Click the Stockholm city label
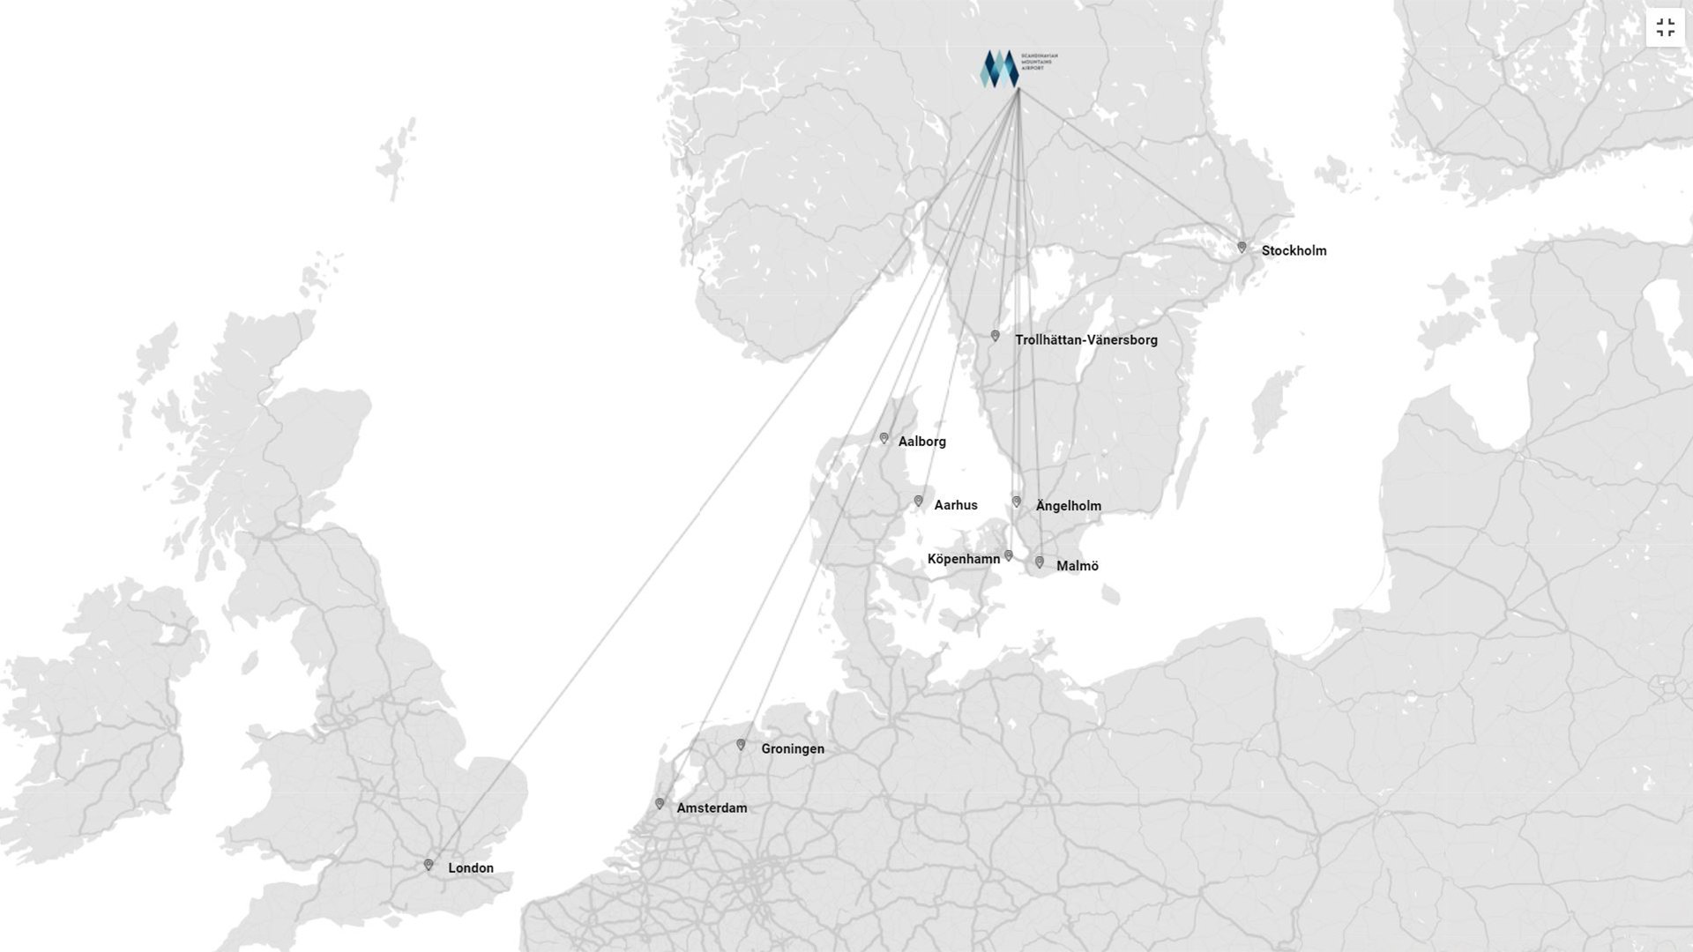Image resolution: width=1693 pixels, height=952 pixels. click(1294, 251)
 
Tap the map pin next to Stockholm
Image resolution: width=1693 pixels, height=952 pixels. click(1242, 248)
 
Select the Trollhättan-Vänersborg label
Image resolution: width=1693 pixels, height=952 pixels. click(1085, 340)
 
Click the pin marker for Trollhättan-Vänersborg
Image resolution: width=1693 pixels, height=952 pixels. click(995, 336)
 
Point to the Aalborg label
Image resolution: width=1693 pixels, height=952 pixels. click(921, 442)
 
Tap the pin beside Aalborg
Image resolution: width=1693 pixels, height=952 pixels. click(884, 438)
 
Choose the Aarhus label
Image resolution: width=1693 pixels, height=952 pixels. click(955, 505)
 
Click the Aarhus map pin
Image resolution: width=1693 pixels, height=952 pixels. click(918, 502)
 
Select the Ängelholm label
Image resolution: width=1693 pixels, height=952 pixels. click(1068, 506)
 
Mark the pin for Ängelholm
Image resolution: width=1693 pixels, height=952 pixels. click(1016, 502)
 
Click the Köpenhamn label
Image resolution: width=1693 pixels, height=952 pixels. click(963, 559)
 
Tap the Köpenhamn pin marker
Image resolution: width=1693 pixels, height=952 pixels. click(1009, 555)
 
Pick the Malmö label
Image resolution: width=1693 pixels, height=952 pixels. click(1077, 566)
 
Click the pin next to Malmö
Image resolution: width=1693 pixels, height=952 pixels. click(1040, 562)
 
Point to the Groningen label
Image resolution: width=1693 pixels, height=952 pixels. click(792, 749)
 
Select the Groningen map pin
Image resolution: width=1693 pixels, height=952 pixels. click(741, 746)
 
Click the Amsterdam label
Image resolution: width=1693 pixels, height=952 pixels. click(711, 808)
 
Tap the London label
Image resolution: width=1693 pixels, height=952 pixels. click(470, 868)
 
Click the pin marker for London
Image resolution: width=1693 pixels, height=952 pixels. click(429, 866)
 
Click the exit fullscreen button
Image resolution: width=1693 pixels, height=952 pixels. click(1665, 28)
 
